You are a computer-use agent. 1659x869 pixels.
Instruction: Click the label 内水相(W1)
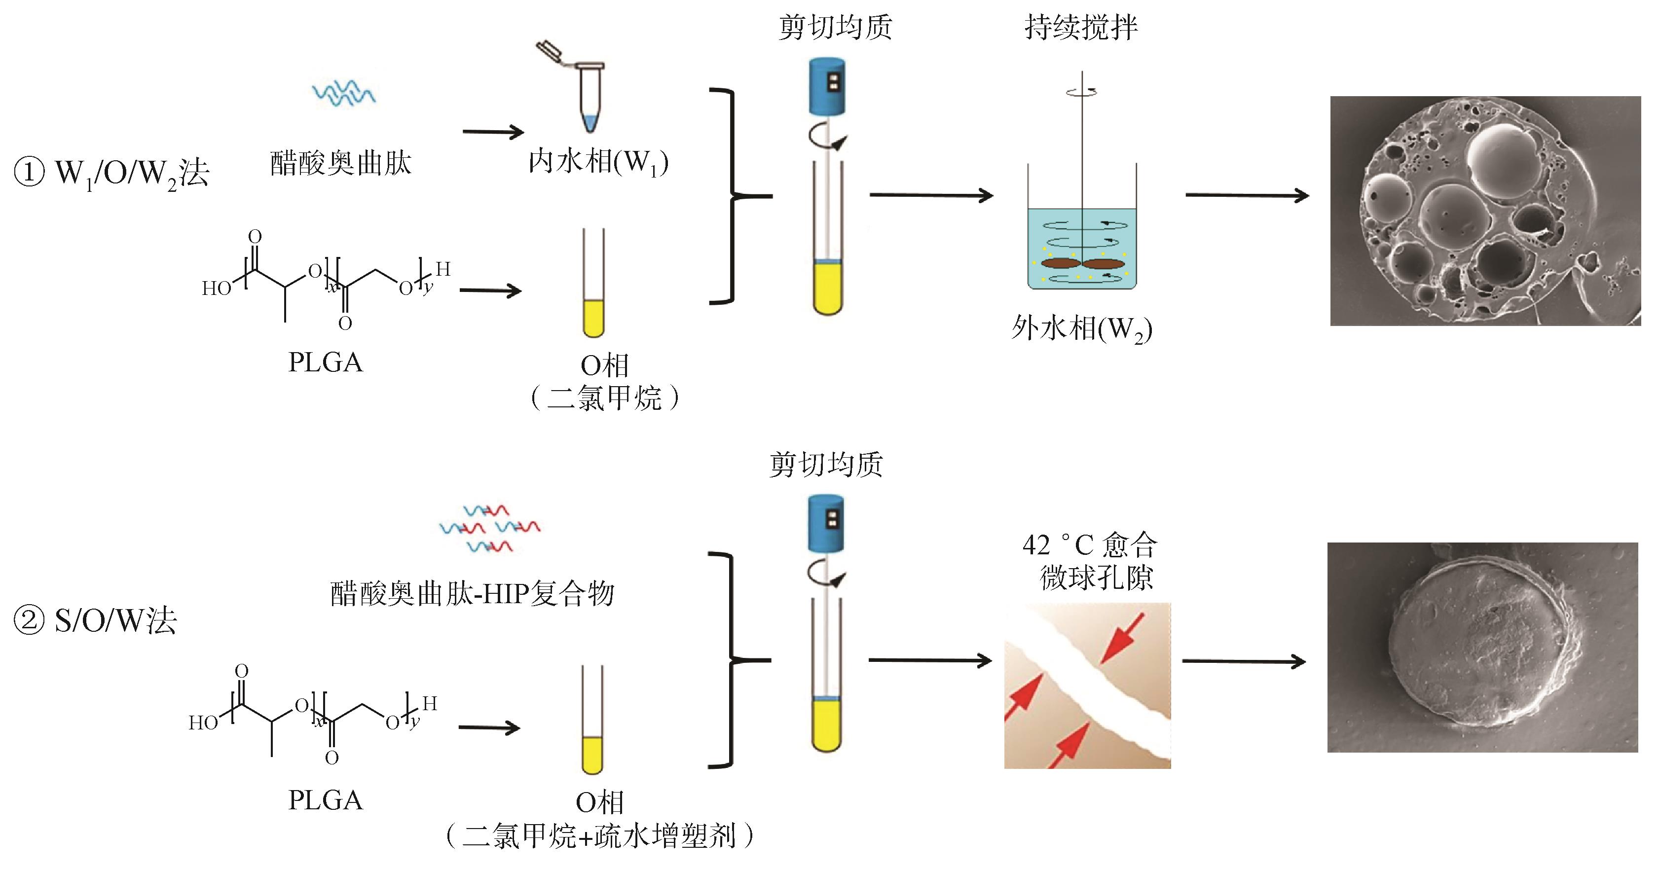click(598, 163)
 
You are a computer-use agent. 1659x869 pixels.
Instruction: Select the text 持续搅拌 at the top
click(1081, 28)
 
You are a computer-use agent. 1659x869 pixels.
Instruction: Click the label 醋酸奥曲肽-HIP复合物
click(472, 593)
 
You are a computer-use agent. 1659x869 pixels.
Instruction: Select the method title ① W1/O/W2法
click(111, 173)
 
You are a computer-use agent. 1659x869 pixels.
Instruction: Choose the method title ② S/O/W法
click(95, 621)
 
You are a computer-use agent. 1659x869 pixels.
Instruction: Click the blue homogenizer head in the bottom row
click(826, 524)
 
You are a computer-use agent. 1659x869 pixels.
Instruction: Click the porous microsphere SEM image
click(1484, 211)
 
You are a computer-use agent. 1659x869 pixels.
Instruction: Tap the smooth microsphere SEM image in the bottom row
click(1482, 647)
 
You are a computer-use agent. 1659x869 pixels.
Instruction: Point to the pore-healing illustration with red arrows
click(1087, 686)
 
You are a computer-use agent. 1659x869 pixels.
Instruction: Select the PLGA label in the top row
click(325, 362)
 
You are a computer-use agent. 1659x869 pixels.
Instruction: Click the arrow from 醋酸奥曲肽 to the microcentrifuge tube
click(493, 133)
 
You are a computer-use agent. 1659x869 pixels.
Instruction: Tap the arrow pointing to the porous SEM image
click(1247, 196)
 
